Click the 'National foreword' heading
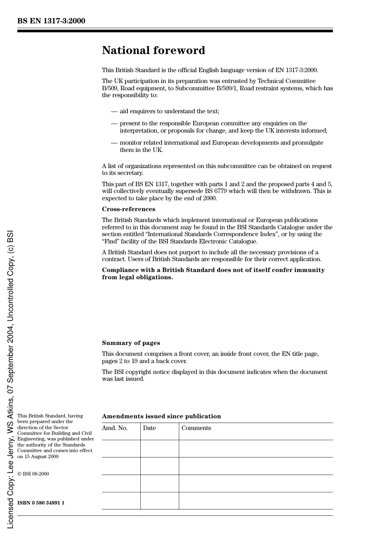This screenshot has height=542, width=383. pyautogui.click(x=153, y=50)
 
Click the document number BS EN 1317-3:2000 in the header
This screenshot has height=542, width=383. pyautogui.click(x=51, y=21)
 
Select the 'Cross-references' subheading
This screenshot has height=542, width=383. pyautogui.click(x=128, y=209)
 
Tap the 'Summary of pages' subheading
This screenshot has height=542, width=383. pyautogui.click(x=131, y=343)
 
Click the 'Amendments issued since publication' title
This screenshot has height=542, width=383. pyautogui.click(x=161, y=416)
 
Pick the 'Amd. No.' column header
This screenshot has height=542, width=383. pyautogui.click(x=114, y=428)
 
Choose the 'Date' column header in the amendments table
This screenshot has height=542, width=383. pyautogui.click(x=149, y=428)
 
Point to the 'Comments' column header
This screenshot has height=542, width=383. pyautogui.click(x=196, y=428)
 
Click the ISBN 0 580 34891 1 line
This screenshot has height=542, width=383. pyautogui.click(x=41, y=503)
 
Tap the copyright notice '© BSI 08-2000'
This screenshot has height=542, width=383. pyautogui.click(x=33, y=474)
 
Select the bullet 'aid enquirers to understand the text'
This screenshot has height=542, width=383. pyautogui.click(x=169, y=111)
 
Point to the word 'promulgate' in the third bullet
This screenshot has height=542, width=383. pyautogui.click(x=308, y=143)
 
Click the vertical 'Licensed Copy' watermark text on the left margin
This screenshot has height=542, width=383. pyautogui.click(x=10, y=379)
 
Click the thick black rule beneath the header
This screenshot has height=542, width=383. pyautogui.click(x=175, y=31)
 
